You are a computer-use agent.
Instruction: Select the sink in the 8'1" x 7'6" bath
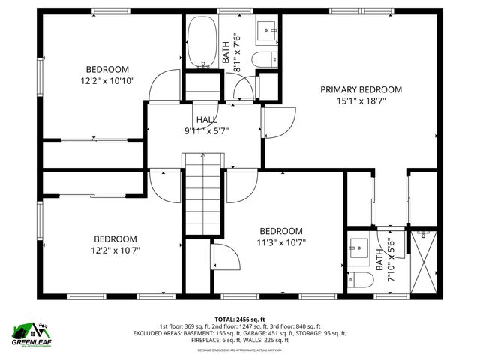(x=268, y=31)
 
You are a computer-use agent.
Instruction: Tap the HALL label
(x=208, y=120)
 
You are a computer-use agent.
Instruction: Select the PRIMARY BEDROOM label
(x=361, y=89)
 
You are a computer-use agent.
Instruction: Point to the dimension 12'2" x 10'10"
(x=108, y=80)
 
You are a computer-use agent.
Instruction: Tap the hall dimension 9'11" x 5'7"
(x=208, y=130)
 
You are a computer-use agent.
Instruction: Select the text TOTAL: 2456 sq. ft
(x=240, y=319)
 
